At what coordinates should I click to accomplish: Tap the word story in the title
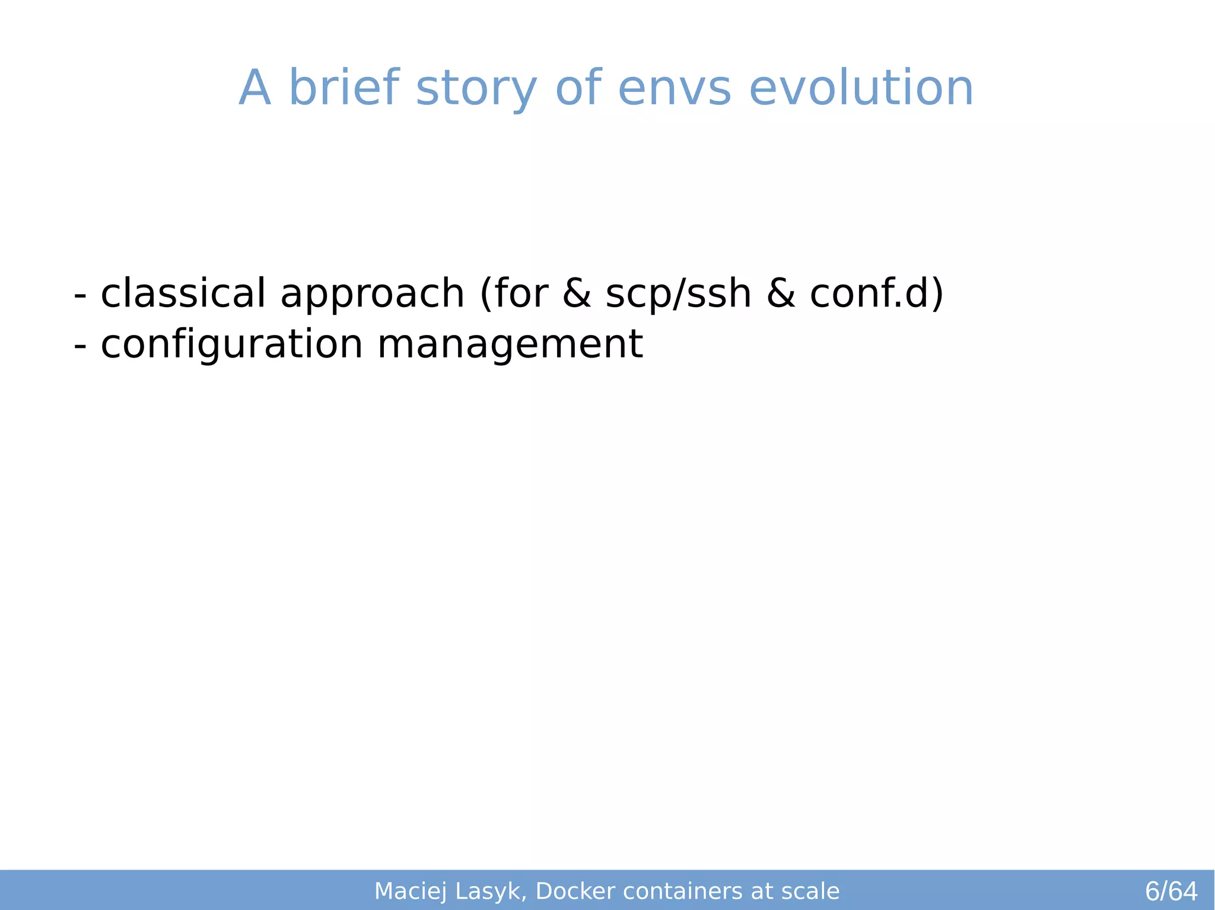tap(476, 89)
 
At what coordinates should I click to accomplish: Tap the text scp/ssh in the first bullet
tap(678, 294)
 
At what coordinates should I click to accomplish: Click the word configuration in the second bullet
tap(231, 345)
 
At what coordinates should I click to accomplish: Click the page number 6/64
tap(1171, 892)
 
